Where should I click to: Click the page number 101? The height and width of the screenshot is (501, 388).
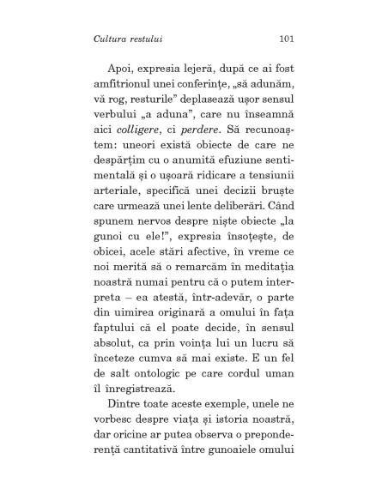point(288,39)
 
